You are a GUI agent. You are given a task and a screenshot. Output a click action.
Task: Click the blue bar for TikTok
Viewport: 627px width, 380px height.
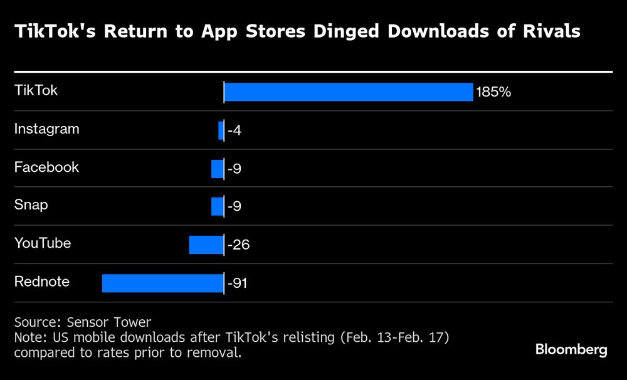click(x=348, y=92)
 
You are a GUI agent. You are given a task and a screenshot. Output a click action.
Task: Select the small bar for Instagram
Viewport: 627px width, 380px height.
click(x=221, y=130)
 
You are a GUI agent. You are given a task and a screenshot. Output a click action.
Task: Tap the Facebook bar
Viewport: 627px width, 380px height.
click(x=217, y=169)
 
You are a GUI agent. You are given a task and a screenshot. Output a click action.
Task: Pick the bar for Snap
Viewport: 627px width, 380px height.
click(x=217, y=206)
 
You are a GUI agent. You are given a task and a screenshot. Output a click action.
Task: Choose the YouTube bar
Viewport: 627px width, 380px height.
click(x=206, y=245)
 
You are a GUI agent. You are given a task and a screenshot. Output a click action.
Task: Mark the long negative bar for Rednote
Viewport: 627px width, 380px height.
click(x=162, y=283)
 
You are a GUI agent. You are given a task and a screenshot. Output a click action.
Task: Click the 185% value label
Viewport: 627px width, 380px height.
click(x=493, y=93)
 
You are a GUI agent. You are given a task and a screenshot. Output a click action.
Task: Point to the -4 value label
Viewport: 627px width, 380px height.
click(x=235, y=131)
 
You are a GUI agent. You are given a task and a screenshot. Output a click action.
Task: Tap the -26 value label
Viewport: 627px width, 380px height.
click(x=238, y=245)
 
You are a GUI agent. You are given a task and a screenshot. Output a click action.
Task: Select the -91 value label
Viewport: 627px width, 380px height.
click(x=238, y=283)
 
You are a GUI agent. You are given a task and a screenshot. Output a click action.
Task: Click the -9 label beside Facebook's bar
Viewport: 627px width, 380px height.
click(x=235, y=169)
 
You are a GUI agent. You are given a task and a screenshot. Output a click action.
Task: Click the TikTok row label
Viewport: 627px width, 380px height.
click(x=36, y=90)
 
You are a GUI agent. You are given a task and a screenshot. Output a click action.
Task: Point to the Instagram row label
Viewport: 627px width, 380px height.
click(x=46, y=129)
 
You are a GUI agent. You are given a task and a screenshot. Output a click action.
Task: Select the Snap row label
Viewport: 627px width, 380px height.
click(x=31, y=205)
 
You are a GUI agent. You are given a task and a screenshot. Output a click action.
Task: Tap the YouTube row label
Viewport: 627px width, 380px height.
click(x=43, y=243)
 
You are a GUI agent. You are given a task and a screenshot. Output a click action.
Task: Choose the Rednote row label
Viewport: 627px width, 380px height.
click(x=41, y=281)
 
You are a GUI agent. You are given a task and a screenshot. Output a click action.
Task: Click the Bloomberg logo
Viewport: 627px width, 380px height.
click(x=571, y=350)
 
